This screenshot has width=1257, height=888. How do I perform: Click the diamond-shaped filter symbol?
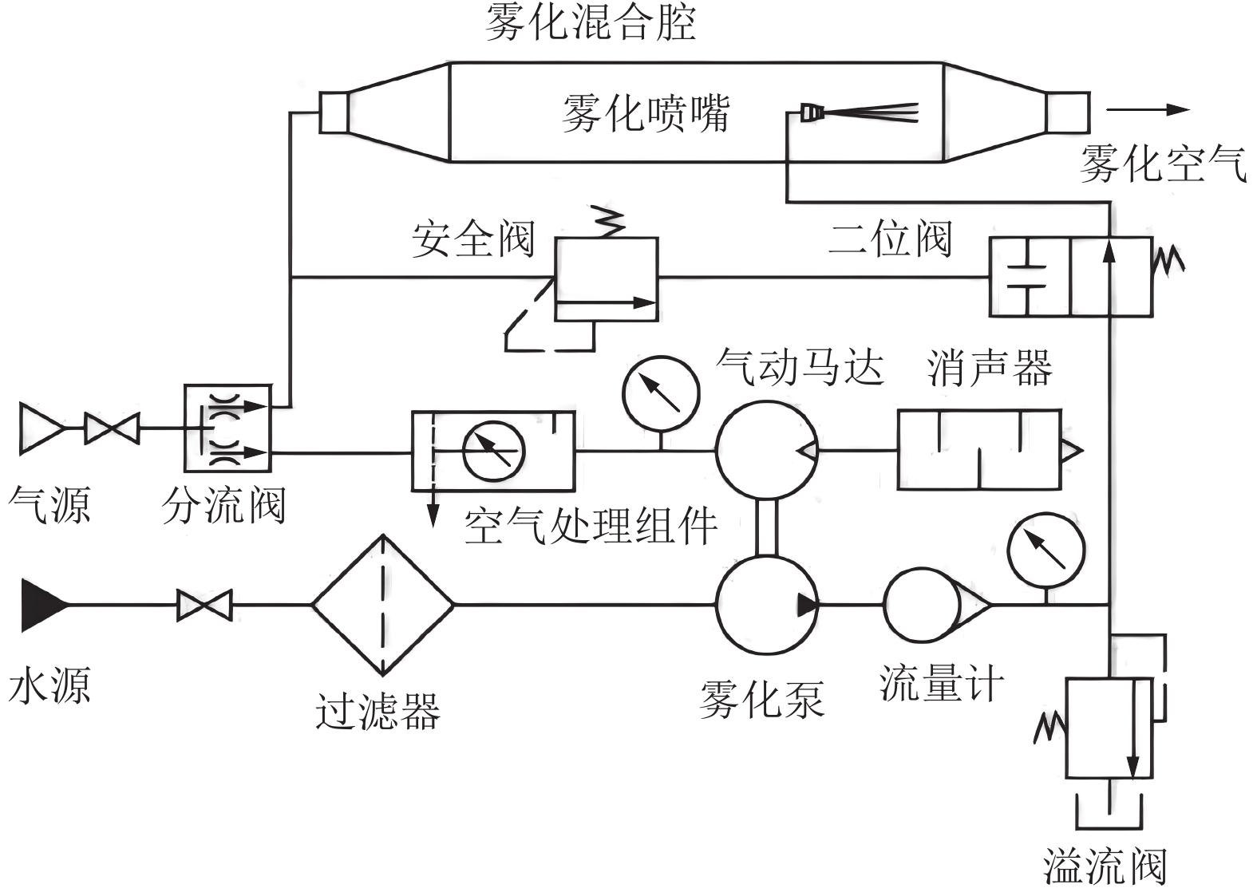coord(383,605)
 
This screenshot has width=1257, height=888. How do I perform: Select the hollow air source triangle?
coord(40,428)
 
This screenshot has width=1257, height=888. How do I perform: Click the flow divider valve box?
coord(227,428)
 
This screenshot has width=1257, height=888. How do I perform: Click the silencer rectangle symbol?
coord(979,450)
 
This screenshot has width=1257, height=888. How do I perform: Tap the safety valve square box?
coord(607,279)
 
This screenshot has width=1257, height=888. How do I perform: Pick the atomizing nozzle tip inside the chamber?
coord(811,112)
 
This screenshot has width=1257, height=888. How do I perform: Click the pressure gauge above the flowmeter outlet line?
coord(1046,551)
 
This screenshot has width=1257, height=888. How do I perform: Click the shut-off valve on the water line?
coord(204,605)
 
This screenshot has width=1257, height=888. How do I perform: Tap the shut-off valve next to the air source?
coord(112,428)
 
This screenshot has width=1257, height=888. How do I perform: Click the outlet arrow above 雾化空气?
coord(1148,110)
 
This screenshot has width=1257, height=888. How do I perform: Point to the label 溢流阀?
coord(1105,866)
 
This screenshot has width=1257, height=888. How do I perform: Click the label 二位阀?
coord(890,239)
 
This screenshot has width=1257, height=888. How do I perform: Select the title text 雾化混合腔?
coord(591,22)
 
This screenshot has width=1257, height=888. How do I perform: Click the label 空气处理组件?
coord(591,527)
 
